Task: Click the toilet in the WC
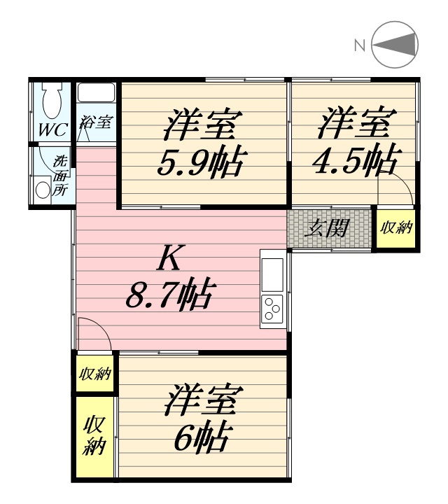(x=52, y=100)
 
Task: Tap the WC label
(x=53, y=130)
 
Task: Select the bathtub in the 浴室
(x=97, y=92)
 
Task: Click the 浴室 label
(x=96, y=122)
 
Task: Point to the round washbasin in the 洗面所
(x=42, y=190)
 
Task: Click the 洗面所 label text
(x=59, y=176)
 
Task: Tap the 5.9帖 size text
(x=202, y=164)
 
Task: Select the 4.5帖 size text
(x=357, y=160)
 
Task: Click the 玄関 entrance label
(x=326, y=228)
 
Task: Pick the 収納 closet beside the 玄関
(x=396, y=228)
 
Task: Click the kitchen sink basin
(x=272, y=274)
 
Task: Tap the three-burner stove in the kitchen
(x=272, y=309)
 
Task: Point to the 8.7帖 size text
(x=169, y=294)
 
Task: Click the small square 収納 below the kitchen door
(x=94, y=373)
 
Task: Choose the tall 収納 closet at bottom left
(x=94, y=437)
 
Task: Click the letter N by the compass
(x=360, y=45)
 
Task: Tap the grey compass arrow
(x=396, y=45)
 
